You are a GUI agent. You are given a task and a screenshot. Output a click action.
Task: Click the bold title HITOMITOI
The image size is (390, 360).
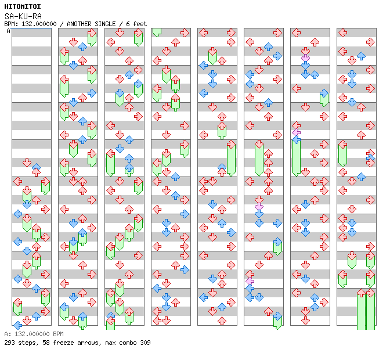pos(23,6)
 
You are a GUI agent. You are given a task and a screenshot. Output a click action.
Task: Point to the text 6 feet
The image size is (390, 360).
pos(137,24)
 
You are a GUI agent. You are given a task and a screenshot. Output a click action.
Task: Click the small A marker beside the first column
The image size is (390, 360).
pos(8,31)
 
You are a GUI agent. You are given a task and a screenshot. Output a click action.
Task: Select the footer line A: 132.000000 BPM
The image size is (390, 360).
pos(33,334)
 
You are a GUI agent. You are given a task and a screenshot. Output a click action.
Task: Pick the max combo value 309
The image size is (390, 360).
pos(145,343)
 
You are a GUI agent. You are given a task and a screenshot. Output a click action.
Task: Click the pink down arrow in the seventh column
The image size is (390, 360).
pos(305,57)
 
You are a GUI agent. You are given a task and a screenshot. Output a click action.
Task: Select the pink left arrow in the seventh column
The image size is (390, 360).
pos(296,132)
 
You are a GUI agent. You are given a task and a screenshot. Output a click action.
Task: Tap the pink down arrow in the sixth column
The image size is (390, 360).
pos(259,206)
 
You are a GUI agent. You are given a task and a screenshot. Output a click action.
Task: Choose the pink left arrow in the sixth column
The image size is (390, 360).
pos(250,280)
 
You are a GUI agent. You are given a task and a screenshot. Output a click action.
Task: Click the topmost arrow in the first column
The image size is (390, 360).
pos(27,163)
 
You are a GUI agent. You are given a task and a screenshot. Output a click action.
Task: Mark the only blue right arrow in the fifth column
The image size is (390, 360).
pos(231,232)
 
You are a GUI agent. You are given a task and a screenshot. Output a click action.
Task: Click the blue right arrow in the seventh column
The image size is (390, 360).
pos(324,93)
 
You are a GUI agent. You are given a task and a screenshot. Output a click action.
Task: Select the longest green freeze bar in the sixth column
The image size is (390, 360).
pos(259,158)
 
